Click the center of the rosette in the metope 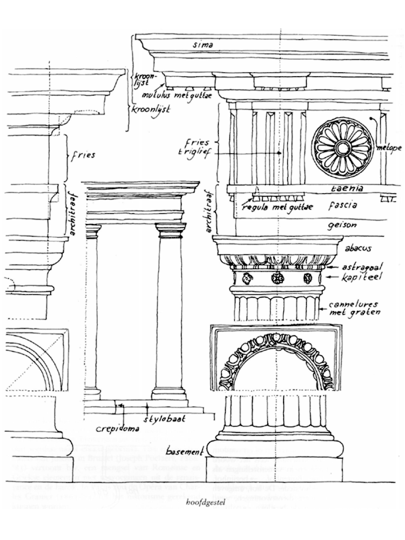coord(341,146)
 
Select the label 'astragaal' coord(360,267)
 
